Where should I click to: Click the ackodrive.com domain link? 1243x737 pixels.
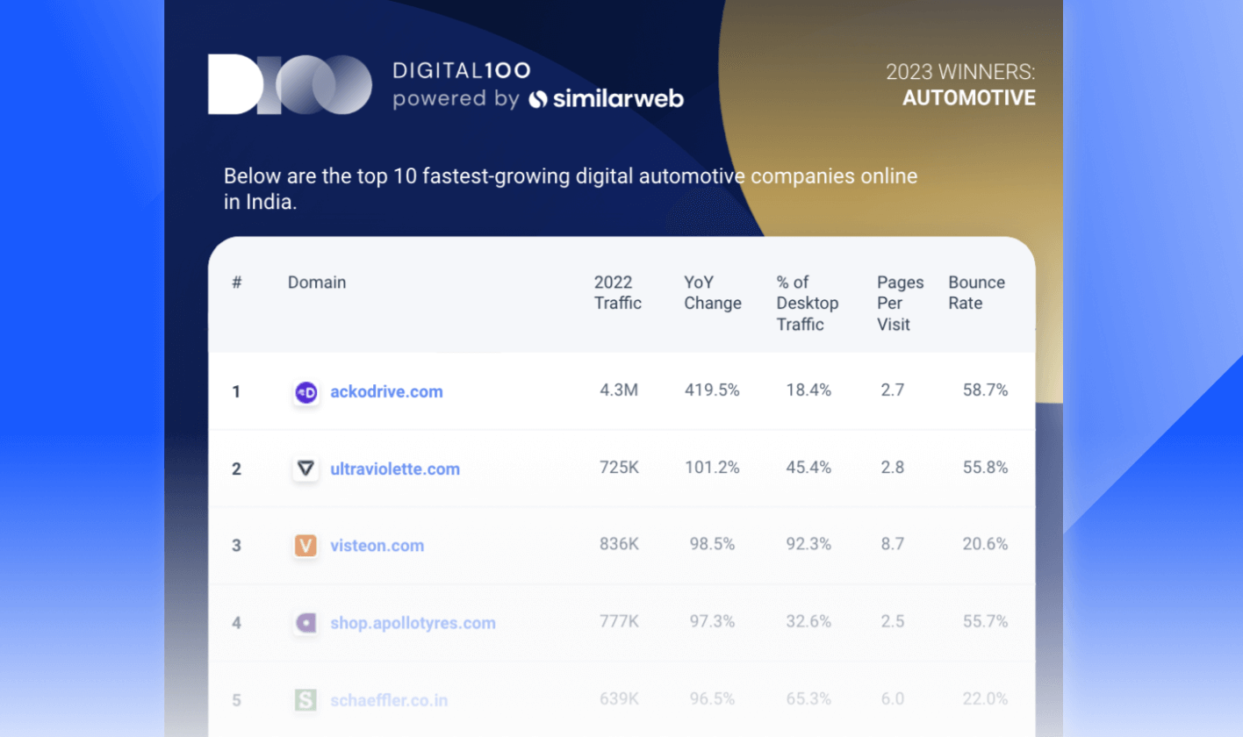(386, 391)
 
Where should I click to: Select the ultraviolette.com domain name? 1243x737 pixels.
(395, 469)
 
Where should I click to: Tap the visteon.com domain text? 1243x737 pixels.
(377, 546)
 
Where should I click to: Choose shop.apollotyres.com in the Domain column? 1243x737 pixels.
(413, 623)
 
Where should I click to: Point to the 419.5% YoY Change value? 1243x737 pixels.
(712, 390)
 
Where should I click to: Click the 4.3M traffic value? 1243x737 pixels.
(618, 390)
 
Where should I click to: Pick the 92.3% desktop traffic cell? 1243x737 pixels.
(808, 545)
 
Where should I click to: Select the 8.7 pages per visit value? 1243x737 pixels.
(892, 545)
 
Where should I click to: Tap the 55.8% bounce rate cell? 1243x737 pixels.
(985, 468)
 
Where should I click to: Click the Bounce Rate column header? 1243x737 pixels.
(976, 293)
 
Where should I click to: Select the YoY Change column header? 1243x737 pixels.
(712, 293)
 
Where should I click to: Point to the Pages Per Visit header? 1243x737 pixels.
(900, 303)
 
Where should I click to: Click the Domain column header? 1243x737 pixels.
(317, 283)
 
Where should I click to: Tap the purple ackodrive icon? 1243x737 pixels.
(305, 392)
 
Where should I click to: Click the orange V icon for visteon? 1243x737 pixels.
(305, 546)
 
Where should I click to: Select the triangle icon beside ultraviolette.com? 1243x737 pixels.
(305, 469)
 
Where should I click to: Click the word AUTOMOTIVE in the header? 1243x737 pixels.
(969, 97)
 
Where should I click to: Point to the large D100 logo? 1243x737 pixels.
(290, 84)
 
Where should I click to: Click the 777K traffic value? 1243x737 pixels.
(618, 622)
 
